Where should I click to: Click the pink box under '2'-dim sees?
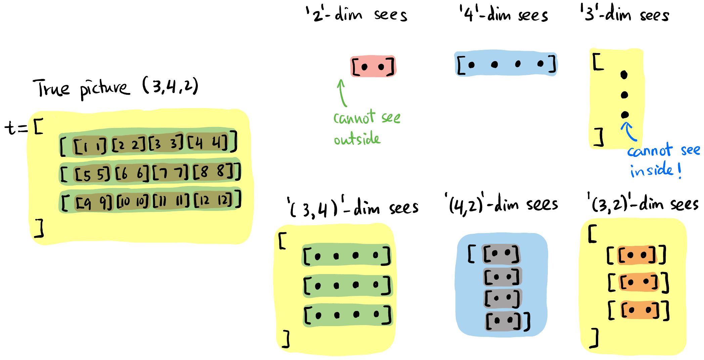373,66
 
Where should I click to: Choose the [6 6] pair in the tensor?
132,173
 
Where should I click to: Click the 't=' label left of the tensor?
15,128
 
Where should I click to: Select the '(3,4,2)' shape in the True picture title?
170,86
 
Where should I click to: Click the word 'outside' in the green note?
357,139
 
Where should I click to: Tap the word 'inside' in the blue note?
651,170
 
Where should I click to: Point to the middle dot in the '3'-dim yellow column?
624,95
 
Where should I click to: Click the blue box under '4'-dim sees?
505,64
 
